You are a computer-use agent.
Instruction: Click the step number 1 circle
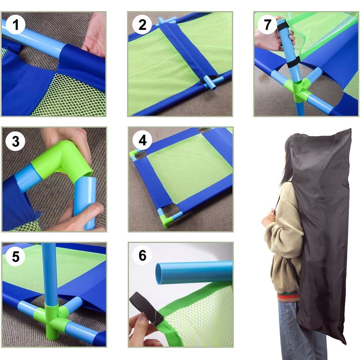click(x=15, y=24)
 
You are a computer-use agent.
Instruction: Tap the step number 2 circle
click(x=142, y=24)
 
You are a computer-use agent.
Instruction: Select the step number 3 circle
click(x=15, y=141)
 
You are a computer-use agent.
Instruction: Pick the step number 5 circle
click(x=15, y=256)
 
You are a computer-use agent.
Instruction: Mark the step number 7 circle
click(x=267, y=24)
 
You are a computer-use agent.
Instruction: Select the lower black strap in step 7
click(x=293, y=62)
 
